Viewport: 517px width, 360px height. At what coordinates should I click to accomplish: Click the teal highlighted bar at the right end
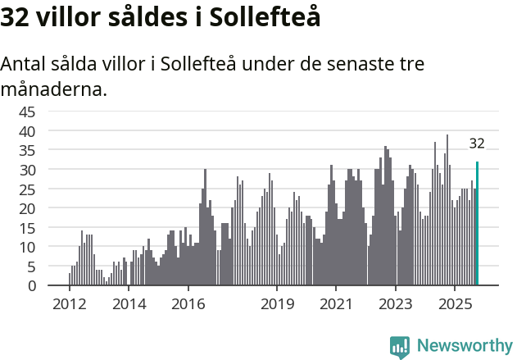[477, 223]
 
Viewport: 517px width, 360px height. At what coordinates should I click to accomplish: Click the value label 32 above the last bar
[477, 144]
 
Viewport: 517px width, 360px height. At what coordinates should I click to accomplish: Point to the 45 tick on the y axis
[27, 112]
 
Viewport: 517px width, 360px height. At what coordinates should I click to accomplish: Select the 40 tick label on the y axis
[27, 131]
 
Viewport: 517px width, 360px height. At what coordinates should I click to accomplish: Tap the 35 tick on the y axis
[27, 150]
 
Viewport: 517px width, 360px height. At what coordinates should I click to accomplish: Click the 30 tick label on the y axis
[27, 170]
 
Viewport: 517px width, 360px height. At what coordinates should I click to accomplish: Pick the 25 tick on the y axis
[27, 189]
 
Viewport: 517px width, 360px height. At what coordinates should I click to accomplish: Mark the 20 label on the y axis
[27, 208]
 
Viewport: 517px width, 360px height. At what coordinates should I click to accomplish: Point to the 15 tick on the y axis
[27, 228]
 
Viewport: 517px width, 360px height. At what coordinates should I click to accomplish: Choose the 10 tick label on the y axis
[27, 247]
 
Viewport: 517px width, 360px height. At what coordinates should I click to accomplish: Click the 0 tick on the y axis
[31, 286]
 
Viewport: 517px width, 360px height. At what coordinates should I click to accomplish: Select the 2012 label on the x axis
[69, 304]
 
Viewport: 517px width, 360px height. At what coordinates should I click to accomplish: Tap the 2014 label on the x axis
[129, 304]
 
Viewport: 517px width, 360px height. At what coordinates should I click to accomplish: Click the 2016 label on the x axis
[188, 304]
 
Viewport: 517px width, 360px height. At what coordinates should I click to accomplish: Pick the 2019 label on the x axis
[277, 304]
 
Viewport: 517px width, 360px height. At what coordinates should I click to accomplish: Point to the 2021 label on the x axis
[336, 304]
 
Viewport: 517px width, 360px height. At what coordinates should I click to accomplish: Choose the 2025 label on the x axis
[455, 304]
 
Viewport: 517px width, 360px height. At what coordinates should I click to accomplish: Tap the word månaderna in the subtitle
[54, 89]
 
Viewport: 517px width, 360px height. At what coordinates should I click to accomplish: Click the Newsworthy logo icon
[400, 347]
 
